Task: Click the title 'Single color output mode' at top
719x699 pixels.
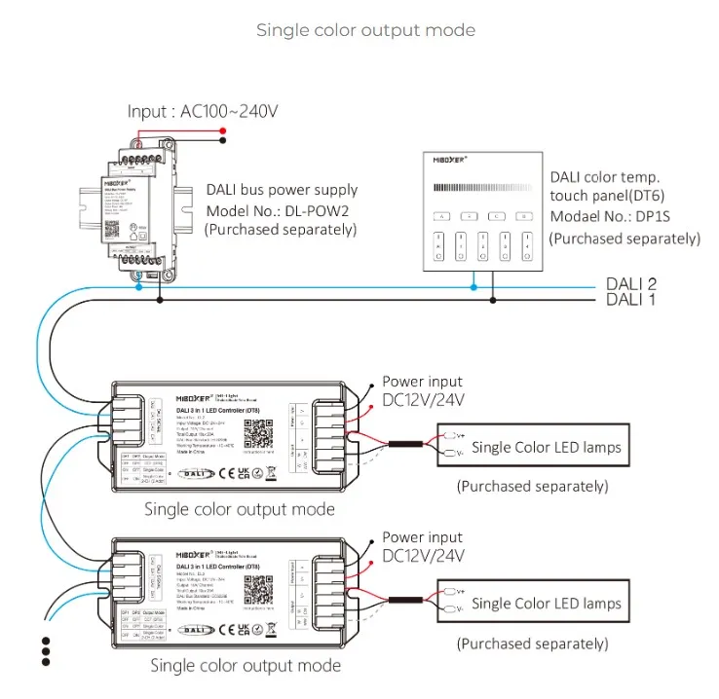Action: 365,30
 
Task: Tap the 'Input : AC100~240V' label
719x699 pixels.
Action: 203,111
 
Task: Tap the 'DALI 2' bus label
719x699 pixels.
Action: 631,284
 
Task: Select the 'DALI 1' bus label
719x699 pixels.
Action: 631,300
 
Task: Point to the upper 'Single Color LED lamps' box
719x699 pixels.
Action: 546,448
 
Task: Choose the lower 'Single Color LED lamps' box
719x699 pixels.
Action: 546,604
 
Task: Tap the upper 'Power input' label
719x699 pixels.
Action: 422,382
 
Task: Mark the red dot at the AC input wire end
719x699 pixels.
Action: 223,130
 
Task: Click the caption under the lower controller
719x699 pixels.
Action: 246,666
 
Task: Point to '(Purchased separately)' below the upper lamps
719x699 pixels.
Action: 532,486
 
